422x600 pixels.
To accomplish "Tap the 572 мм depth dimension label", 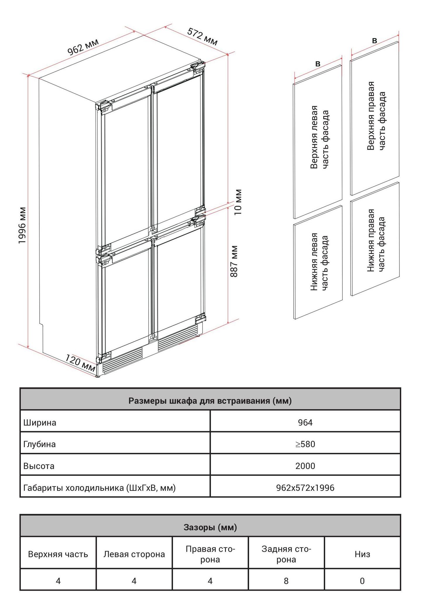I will click(x=203, y=37).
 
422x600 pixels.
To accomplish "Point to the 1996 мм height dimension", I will click(x=22, y=225).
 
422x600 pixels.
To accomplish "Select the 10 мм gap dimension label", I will click(x=238, y=202).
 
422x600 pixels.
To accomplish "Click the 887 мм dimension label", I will click(x=234, y=261).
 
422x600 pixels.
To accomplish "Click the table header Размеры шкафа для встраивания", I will click(x=210, y=400).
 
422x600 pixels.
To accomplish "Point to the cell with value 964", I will click(x=305, y=422).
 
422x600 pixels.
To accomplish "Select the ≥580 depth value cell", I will click(x=305, y=444).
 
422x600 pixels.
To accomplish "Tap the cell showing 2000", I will click(x=305, y=466).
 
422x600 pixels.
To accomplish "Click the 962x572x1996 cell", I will click(x=305, y=487).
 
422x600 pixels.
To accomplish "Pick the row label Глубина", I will click(x=39, y=444).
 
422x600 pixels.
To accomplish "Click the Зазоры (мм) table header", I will click(x=210, y=527).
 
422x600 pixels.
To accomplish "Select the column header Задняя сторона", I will click(x=286, y=554).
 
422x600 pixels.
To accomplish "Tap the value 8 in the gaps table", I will click(x=286, y=581).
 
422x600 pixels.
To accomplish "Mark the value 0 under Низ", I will click(x=362, y=581).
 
